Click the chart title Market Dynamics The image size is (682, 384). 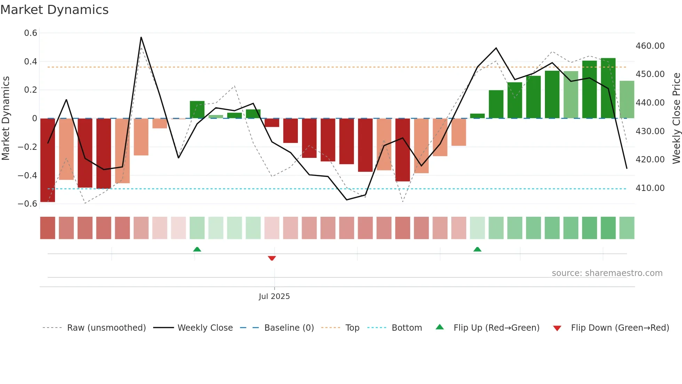tap(54, 10)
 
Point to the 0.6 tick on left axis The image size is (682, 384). tap(31, 33)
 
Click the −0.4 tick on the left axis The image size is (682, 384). tap(27, 175)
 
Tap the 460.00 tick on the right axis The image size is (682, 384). tap(650, 46)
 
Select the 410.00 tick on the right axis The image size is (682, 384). tap(650, 188)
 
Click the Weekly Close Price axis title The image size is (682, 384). tap(676, 118)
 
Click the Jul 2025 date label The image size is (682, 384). tap(274, 297)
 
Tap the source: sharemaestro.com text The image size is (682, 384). tap(607, 273)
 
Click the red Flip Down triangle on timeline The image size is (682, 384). tap(272, 258)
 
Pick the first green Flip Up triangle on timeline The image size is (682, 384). tap(197, 249)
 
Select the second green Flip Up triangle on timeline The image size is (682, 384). tap(477, 249)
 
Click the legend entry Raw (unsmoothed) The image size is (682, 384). tap(106, 328)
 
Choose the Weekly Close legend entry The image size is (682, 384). tap(205, 328)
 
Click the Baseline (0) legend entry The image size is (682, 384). tap(289, 328)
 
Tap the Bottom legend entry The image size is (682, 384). tap(406, 328)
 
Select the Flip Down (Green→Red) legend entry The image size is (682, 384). tap(620, 328)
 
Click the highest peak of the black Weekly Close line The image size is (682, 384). tap(141, 37)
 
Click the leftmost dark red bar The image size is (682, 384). tap(48, 160)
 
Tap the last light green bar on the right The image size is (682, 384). tap(627, 100)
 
